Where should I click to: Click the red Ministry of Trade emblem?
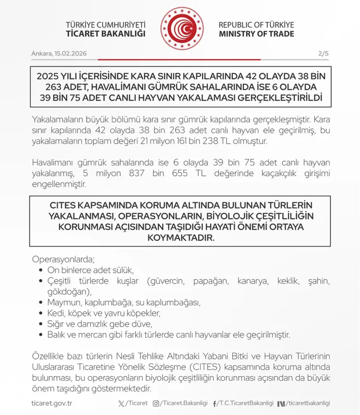click(x=180, y=28)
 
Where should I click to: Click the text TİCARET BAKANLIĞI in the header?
click(x=106, y=34)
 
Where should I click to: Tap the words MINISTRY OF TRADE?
click(x=256, y=34)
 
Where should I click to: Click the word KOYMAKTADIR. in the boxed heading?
click(x=179, y=237)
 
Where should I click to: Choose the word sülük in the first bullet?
click(x=123, y=270)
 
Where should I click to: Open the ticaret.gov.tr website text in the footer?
click(x=51, y=403)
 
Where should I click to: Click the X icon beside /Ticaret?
click(x=122, y=403)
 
